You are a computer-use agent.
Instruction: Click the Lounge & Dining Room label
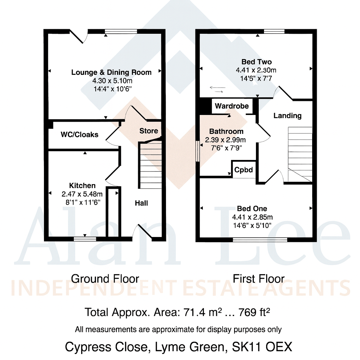pos(111,72)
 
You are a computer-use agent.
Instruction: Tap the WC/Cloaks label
pos(79,134)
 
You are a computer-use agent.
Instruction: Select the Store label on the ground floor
pos(149,131)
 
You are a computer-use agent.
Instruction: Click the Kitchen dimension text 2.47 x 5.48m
pos(82,194)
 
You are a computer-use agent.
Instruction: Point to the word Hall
pos(142,203)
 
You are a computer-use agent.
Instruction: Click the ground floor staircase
pos(151,165)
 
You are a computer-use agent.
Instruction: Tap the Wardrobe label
pos(232,106)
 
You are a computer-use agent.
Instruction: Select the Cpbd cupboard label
pos(244,170)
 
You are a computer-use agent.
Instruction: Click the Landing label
pos(287,115)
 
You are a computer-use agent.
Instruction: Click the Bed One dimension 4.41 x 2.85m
pos(252,217)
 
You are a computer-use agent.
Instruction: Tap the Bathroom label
pos(226,131)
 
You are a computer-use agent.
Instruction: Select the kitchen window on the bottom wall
pos(85,239)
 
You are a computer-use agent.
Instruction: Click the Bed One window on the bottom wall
pos(260,240)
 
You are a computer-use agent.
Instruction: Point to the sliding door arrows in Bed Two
pos(217,89)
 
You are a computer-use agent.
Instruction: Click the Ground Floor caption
pos(105,279)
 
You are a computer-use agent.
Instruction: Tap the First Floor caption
pos(258,279)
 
